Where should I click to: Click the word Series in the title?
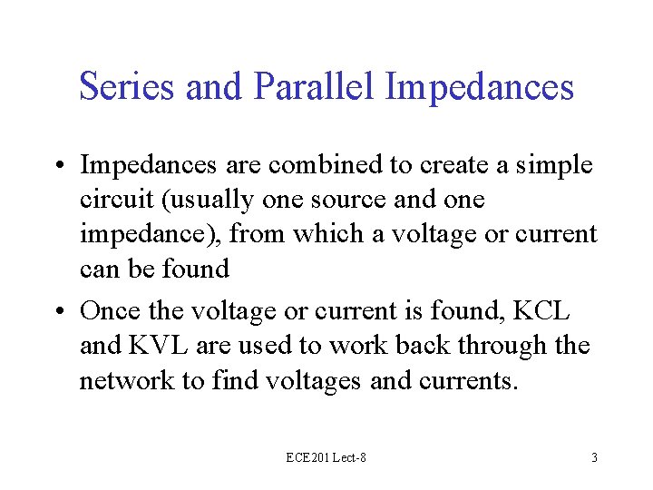pyautogui.click(x=127, y=87)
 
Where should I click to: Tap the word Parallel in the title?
pyautogui.click(x=315, y=87)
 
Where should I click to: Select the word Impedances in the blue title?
pyautogui.click(x=480, y=87)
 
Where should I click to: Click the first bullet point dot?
pyautogui.click(x=63, y=166)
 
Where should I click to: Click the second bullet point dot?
pyautogui.click(x=63, y=311)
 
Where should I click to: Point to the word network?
pyautogui.click(x=124, y=380)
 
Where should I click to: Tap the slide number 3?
pyautogui.click(x=594, y=458)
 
